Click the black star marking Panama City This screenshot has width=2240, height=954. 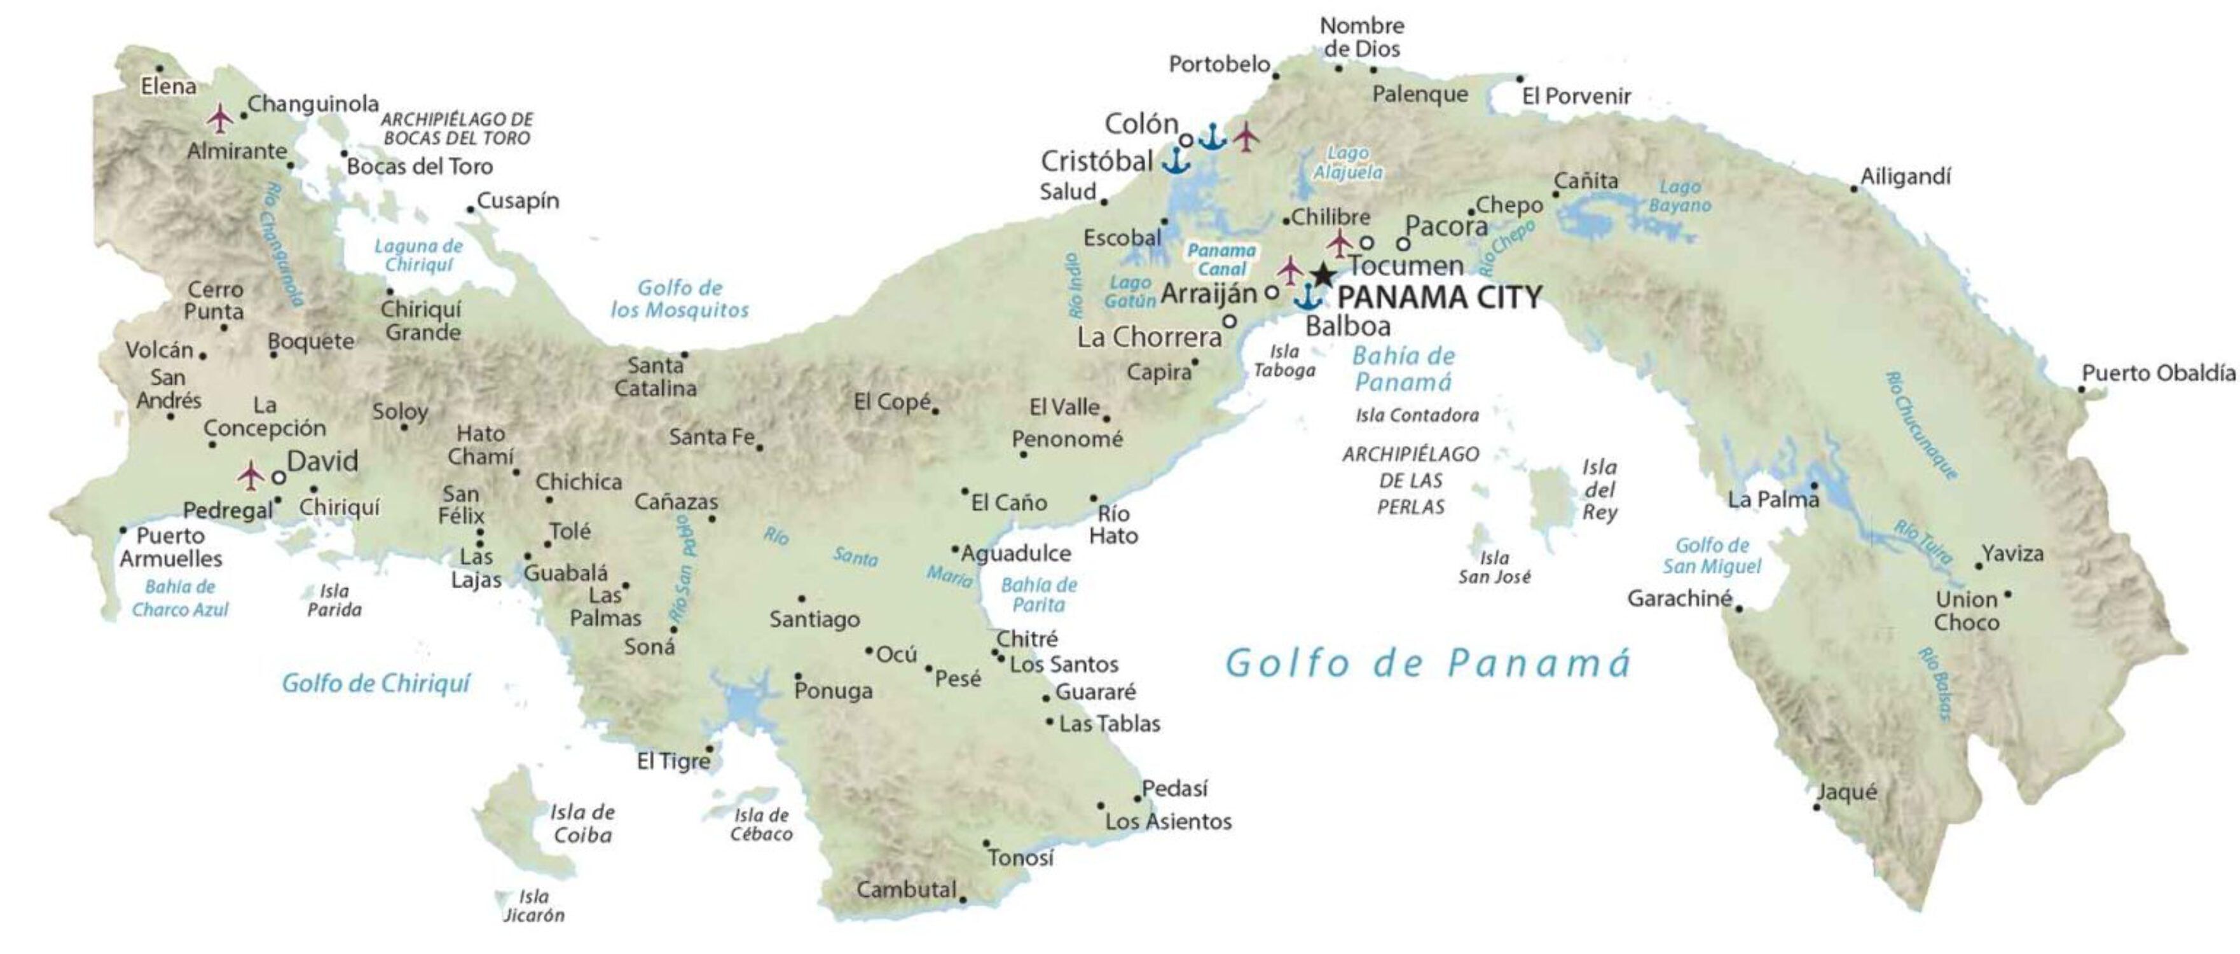coord(1323,275)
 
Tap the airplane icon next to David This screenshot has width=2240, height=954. coord(251,476)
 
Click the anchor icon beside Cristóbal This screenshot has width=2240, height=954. coord(1176,160)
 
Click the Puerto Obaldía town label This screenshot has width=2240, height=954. coord(2158,373)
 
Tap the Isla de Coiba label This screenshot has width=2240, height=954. coord(582,824)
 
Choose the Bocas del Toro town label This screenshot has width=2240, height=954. coord(420,166)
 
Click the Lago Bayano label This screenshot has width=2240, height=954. coord(1679,196)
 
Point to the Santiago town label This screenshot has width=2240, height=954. coord(814,619)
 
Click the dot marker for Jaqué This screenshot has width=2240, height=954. coord(1817,807)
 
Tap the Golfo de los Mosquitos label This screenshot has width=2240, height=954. coord(679,298)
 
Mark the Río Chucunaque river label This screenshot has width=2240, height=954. coord(1921,425)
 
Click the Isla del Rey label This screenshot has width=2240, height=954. coord(1599,490)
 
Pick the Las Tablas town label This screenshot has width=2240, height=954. coord(1109,724)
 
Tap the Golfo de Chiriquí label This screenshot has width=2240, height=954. coord(376,684)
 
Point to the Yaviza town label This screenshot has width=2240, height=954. coord(2012,553)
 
